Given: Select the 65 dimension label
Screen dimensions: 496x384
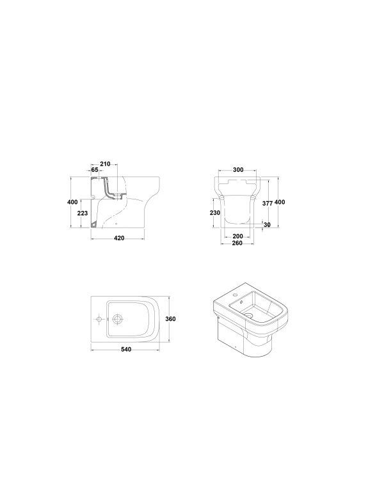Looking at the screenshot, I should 94,170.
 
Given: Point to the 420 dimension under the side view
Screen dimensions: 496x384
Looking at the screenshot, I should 118,238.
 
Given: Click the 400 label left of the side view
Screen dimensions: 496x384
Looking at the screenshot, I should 72,202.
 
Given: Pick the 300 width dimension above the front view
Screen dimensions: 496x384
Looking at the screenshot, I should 238,170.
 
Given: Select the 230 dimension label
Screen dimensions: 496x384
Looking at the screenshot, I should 215,212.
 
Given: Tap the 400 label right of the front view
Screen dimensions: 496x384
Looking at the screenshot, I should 280,202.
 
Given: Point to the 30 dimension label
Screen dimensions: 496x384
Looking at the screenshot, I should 267,224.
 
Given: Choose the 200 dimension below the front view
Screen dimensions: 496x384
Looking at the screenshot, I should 238,236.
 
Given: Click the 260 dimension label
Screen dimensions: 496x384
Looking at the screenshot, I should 238,244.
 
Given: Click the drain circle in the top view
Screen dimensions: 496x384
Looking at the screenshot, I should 118,318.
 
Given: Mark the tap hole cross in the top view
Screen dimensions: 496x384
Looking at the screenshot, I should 99,318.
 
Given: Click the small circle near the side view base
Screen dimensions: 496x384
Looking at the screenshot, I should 116,224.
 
